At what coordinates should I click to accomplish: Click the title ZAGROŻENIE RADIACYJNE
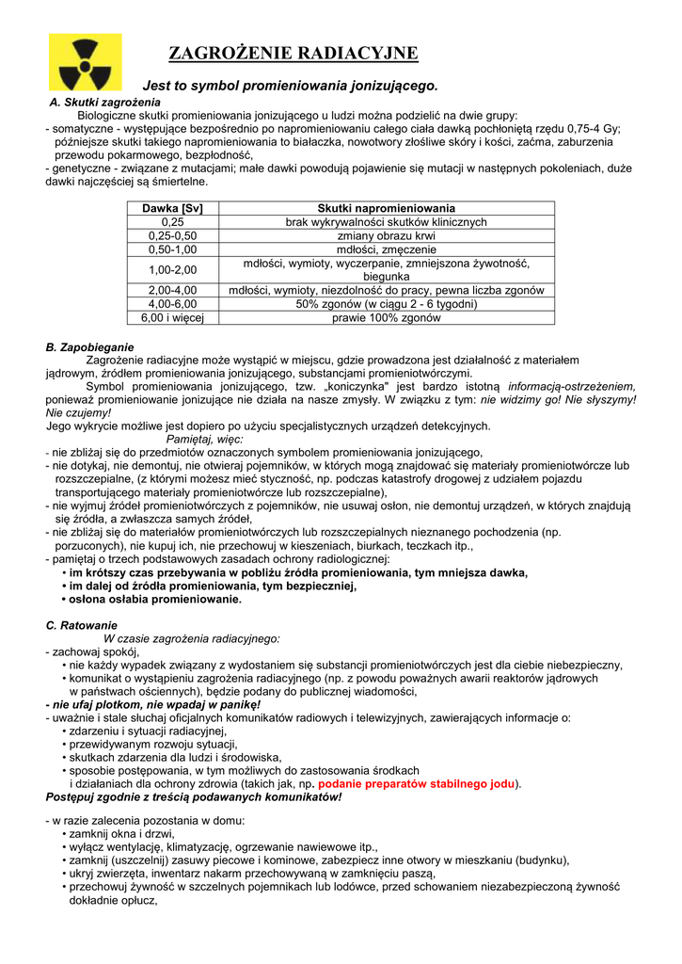(293, 53)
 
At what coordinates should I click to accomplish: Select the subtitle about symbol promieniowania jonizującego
(290, 86)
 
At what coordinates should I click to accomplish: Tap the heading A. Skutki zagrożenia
(104, 102)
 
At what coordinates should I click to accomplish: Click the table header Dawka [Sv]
(172, 208)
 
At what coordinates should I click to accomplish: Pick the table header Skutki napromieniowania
(386, 208)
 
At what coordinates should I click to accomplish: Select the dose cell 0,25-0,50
(172, 235)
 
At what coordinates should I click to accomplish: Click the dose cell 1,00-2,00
(172, 270)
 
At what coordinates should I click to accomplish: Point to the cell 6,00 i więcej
(172, 318)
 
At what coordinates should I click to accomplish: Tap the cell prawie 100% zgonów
(386, 318)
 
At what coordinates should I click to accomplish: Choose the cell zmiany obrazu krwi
(386, 235)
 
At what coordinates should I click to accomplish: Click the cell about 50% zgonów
(386, 304)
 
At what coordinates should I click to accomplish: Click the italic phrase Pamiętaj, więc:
(204, 439)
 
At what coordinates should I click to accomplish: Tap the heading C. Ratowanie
(82, 625)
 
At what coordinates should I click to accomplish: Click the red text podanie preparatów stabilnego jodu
(417, 783)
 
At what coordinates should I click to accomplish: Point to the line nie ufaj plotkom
(153, 704)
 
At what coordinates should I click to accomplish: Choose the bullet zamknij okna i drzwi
(121, 834)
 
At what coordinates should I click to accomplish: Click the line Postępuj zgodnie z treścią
(194, 796)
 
